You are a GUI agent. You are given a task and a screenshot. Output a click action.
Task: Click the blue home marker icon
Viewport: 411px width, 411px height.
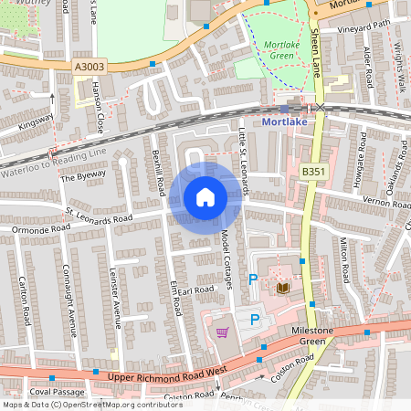click(x=205, y=197)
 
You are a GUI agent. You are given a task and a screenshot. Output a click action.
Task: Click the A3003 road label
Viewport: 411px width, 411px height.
click(x=90, y=66)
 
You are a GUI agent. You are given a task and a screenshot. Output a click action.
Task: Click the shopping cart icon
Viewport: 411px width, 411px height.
click(x=221, y=332)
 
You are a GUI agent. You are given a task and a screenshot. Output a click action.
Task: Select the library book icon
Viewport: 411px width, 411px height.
click(x=283, y=288)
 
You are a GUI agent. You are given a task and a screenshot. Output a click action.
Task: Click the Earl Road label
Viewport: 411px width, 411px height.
click(x=195, y=290)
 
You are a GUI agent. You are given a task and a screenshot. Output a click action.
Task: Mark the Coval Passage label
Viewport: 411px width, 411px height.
click(x=50, y=392)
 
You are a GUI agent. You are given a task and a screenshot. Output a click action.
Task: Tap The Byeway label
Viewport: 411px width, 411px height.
click(x=83, y=177)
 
